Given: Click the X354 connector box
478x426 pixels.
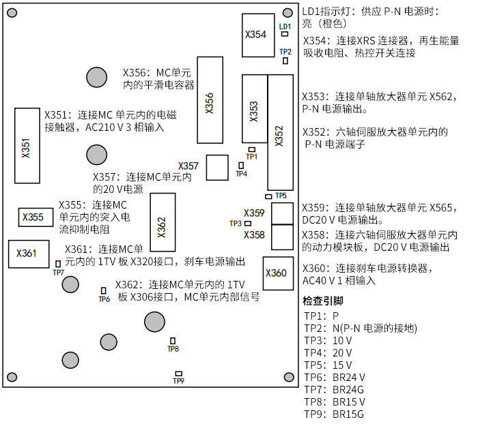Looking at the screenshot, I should pyautogui.click(x=255, y=35).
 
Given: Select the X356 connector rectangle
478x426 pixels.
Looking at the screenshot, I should pyautogui.click(x=209, y=101).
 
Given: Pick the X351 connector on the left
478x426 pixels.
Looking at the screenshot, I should pyautogui.click(x=26, y=145).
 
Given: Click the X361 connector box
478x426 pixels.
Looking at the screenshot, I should pyautogui.click(x=27, y=254).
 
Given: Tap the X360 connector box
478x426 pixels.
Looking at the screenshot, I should pyautogui.click(x=276, y=273).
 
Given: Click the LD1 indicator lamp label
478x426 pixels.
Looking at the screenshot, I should pyautogui.click(x=285, y=26).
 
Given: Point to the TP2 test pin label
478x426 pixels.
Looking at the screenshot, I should pyautogui.click(x=285, y=52).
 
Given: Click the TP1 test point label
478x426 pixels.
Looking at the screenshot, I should pyautogui.click(x=252, y=157).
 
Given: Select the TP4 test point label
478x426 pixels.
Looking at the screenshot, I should pyautogui.click(x=241, y=174).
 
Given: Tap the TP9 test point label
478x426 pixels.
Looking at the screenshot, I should pyautogui.click(x=178, y=380).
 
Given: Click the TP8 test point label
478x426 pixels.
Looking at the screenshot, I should pyautogui.click(x=173, y=349).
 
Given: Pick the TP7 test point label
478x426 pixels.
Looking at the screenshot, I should pyautogui.click(x=58, y=272).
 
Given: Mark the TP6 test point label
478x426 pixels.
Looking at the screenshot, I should pyautogui.click(x=104, y=299).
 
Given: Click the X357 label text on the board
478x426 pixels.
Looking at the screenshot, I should pyautogui.click(x=188, y=166).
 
